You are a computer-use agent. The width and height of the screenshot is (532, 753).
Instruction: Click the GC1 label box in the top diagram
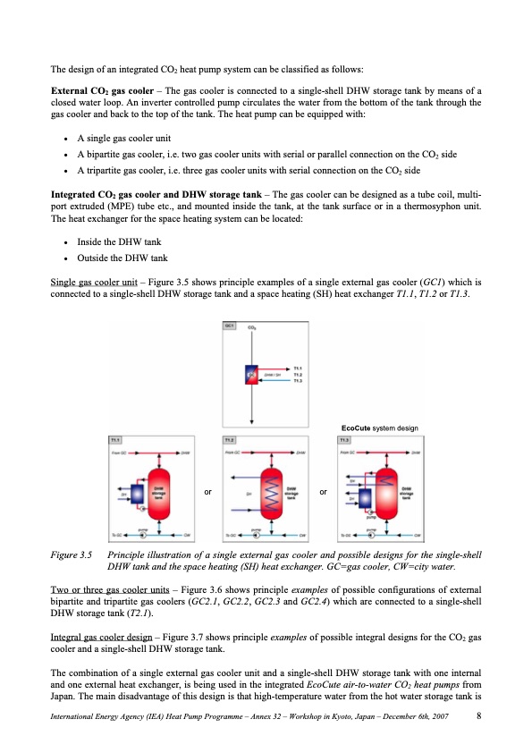tap(229, 326)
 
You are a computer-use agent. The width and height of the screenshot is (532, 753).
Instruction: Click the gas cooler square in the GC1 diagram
tap(251, 375)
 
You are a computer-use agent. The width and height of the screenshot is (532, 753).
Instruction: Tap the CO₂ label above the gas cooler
tap(251, 329)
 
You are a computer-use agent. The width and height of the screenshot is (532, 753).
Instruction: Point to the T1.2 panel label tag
tap(229, 440)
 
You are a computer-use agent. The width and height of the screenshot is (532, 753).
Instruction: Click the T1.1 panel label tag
tap(115, 440)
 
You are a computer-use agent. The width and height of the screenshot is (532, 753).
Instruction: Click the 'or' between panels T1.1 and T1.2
tap(207, 492)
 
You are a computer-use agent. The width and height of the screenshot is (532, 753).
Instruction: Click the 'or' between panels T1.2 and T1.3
tap(324, 492)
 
